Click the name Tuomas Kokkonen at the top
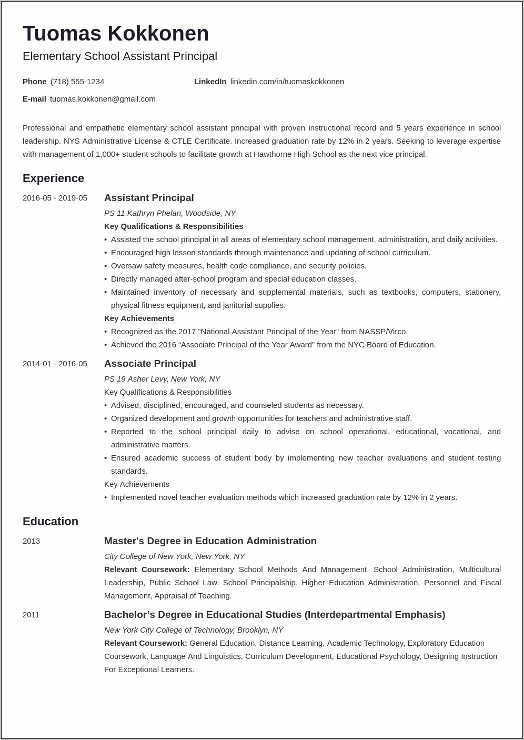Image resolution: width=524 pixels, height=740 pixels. point(116,34)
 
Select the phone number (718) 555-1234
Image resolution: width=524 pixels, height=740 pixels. point(77,82)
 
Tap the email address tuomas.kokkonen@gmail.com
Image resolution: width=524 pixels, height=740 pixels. point(103,99)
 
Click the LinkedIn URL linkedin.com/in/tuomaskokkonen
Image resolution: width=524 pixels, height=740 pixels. point(287,82)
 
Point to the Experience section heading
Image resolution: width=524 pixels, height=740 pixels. point(53,178)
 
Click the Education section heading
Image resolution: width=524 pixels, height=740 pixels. point(51,522)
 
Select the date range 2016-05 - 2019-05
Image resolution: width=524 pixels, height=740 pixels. point(55,198)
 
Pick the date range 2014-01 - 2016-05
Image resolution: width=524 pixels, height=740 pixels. point(55,364)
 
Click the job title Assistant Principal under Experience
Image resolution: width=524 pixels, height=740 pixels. point(149,198)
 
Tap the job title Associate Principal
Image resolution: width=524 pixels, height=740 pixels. point(150,364)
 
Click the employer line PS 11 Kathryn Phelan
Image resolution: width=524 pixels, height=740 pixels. point(169,213)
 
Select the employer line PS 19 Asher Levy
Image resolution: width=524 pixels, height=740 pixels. point(162,379)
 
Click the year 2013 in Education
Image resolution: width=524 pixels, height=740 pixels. point(31,541)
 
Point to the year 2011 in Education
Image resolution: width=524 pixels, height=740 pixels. point(31,615)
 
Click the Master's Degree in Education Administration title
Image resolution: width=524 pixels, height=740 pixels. point(210,541)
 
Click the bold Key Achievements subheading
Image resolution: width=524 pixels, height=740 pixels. point(139,318)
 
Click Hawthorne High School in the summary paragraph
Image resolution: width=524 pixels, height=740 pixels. point(294,154)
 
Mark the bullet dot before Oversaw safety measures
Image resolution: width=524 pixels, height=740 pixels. point(106,266)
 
